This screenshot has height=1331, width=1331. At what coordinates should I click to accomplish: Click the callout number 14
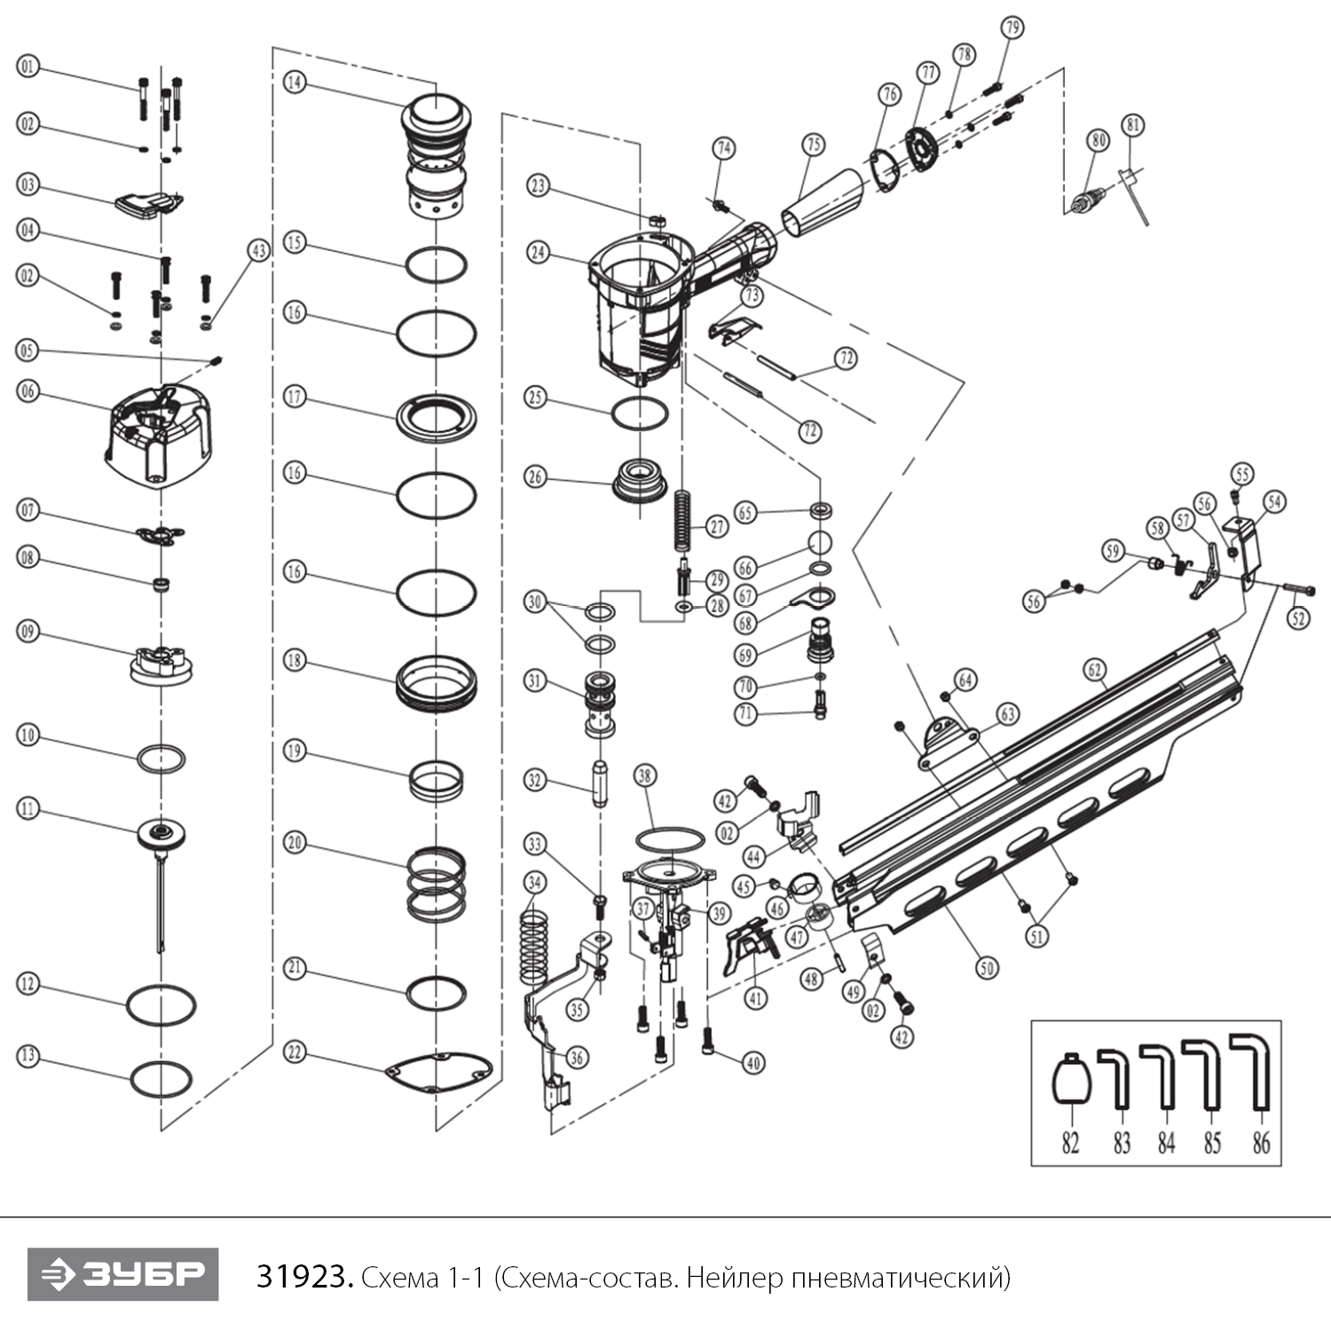295,83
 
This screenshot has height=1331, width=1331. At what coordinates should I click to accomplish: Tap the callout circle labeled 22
295,1053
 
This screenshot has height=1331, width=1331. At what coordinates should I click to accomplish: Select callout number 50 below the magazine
987,967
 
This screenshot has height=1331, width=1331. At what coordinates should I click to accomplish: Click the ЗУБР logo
122,1275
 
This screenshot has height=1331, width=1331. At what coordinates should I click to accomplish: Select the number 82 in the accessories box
1070,1143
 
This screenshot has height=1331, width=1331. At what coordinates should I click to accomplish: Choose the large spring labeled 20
437,882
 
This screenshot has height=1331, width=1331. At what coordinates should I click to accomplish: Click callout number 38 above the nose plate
644,776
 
